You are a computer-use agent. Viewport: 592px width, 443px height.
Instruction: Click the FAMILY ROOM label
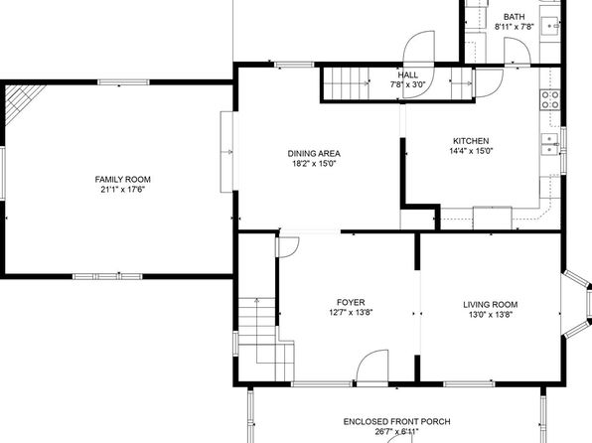(x=123, y=180)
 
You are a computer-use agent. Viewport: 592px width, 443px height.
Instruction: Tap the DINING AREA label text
(x=314, y=153)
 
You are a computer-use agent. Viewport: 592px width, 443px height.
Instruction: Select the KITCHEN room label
(x=471, y=141)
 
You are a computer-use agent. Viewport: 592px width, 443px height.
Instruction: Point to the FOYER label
(x=351, y=303)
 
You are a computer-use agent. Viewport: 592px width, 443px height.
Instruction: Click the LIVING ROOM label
(x=491, y=304)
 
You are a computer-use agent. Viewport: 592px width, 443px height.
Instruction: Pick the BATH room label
(x=514, y=17)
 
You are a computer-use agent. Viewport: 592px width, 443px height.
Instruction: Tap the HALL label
(x=408, y=74)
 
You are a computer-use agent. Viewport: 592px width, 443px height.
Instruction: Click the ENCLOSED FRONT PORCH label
(x=396, y=421)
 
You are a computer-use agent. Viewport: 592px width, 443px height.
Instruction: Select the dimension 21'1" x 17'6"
(x=123, y=190)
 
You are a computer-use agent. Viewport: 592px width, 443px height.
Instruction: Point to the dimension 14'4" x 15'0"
(x=471, y=151)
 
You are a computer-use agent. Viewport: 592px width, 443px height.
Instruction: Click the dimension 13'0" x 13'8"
(x=491, y=315)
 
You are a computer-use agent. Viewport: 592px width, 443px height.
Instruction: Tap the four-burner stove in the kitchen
(x=550, y=99)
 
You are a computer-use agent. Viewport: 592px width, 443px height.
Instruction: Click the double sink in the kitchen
(x=550, y=144)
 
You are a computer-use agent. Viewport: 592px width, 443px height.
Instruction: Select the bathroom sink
(x=550, y=26)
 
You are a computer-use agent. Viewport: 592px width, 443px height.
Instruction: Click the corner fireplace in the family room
(x=21, y=100)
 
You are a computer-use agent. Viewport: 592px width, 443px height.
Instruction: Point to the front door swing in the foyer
(x=371, y=366)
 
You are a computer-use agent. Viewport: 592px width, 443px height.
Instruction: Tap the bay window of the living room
(x=577, y=303)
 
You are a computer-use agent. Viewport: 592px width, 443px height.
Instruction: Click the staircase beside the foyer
(x=266, y=339)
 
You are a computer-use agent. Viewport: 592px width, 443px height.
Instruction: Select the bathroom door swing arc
(x=518, y=51)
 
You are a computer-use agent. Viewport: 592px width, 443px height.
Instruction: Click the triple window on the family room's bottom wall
(x=107, y=276)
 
